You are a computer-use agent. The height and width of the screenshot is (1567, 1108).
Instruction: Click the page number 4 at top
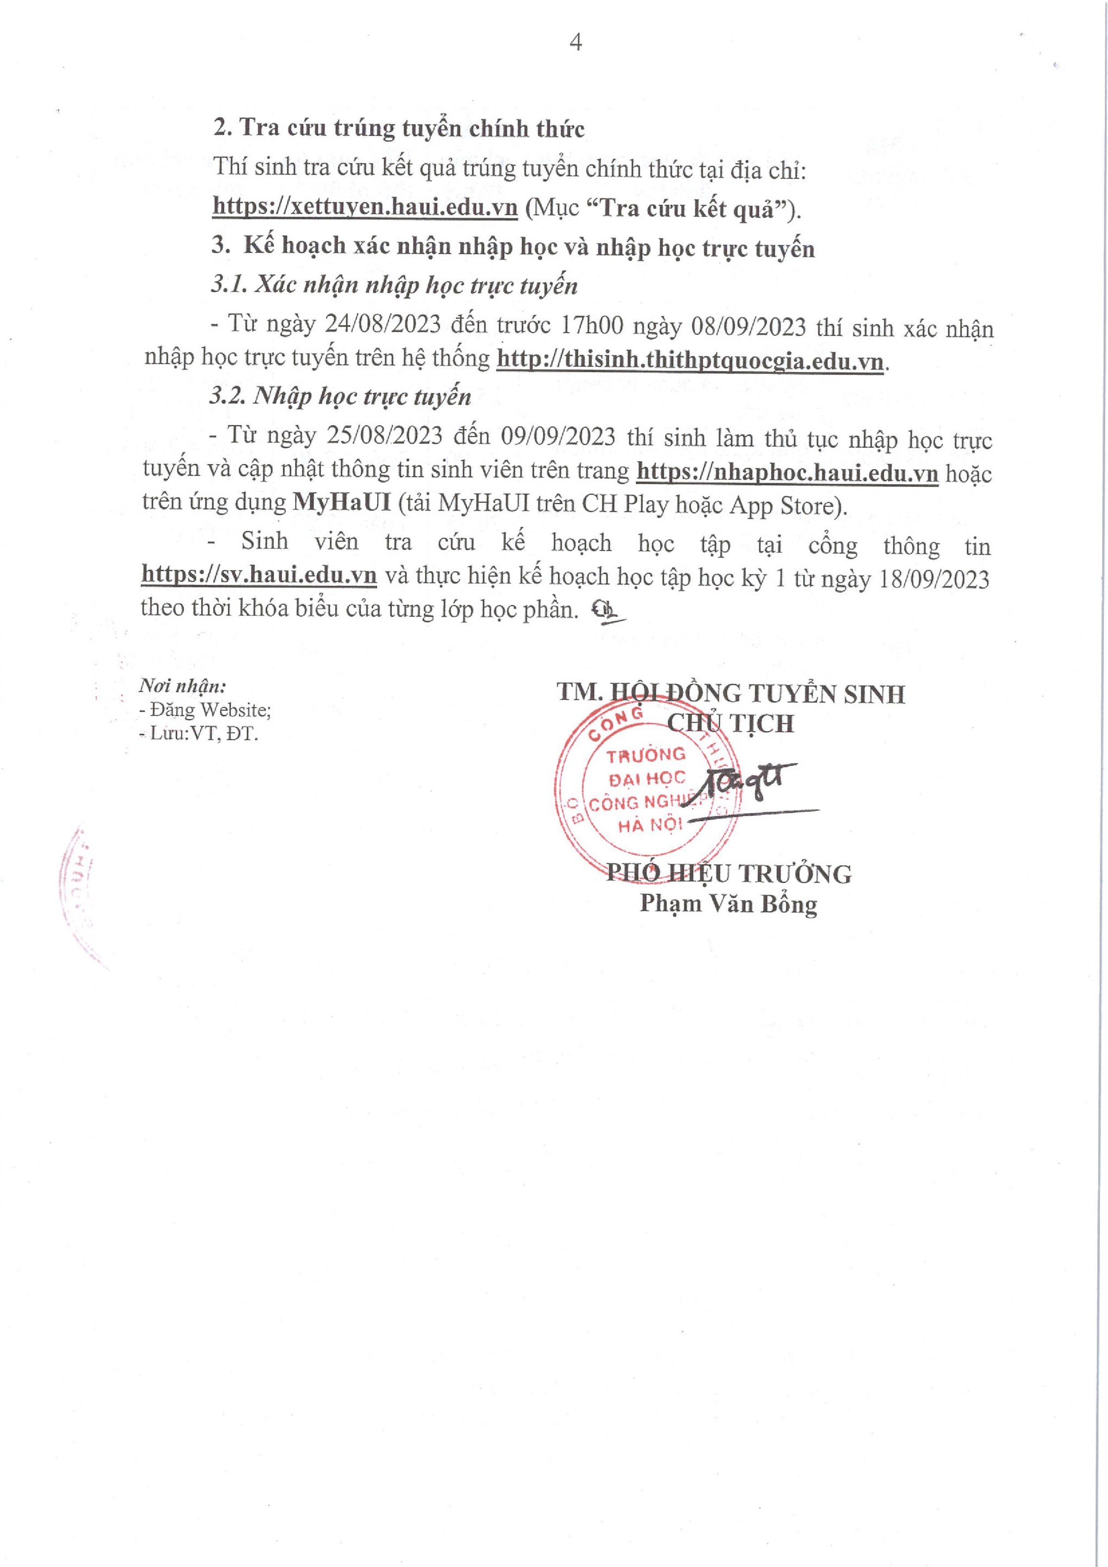(575, 43)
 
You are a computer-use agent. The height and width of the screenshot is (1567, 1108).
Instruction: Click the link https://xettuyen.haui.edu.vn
(365, 207)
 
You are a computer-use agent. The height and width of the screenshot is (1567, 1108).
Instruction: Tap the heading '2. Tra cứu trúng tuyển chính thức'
(399, 128)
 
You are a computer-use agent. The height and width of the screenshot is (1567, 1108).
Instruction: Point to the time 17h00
(592, 326)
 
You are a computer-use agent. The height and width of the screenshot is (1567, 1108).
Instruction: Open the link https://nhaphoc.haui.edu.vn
(787, 472)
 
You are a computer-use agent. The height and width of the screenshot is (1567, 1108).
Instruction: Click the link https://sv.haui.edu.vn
(259, 575)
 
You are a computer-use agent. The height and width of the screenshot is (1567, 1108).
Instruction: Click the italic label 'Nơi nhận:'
(182, 685)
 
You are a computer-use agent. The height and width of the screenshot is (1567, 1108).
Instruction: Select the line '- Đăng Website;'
(205, 710)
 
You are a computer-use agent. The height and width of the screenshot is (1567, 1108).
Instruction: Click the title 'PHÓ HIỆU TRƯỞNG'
(729, 873)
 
